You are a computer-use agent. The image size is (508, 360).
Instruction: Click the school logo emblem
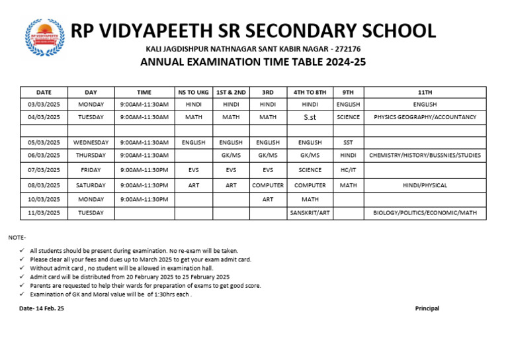coord(45,37)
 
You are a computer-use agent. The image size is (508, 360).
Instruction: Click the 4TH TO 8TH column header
coord(310,93)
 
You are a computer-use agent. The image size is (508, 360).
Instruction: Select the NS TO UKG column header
coord(193,93)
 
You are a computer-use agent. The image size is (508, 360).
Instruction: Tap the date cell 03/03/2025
coord(44,105)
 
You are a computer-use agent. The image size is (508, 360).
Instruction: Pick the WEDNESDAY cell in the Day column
coord(91,142)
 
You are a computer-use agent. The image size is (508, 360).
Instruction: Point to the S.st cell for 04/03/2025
coord(310,117)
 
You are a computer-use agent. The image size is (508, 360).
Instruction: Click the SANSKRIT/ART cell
coord(310,212)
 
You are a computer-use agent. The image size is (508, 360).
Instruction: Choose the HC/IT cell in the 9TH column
coord(348,170)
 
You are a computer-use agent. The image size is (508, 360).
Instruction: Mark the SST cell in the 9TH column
coord(348,142)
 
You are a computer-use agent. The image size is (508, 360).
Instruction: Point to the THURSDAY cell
coord(91,155)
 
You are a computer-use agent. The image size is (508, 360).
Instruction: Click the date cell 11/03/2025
coord(44,212)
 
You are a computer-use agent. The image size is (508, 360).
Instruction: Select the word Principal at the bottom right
coord(427,308)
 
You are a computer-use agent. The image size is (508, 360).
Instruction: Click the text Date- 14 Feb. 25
coord(42,308)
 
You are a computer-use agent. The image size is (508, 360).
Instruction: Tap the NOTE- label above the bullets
coord(17,237)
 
